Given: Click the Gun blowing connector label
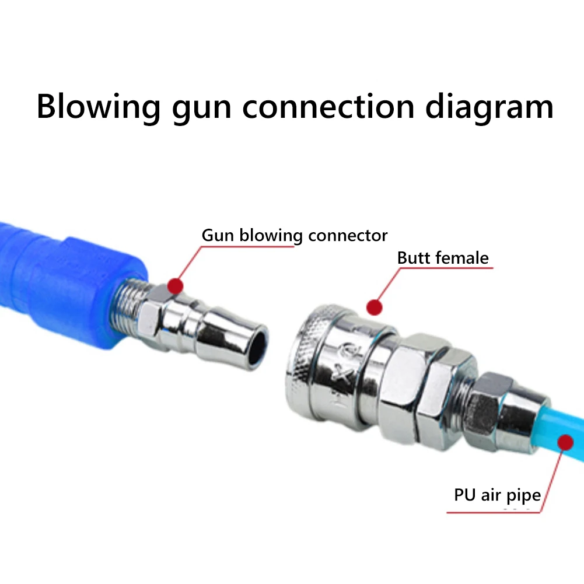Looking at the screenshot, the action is tap(294, 235).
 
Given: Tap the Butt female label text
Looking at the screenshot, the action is tap(443, 257).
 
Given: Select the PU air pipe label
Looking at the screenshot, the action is tap(497, 495).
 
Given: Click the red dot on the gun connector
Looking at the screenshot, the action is tap(174, 285).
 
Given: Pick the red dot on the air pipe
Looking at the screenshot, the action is tap(564, 443).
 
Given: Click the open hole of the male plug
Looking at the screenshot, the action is tap(257, 348).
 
